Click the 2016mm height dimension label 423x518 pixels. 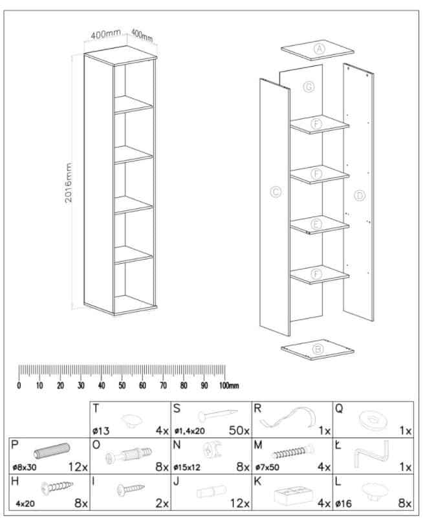[69, 182]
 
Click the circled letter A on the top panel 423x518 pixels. [320, 49]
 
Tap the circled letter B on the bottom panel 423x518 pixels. [318, 349]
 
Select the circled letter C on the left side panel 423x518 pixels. [276, 192]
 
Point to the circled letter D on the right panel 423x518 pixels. [360, 195]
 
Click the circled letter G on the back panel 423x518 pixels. [309, 87]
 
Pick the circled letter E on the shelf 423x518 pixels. [316, 224]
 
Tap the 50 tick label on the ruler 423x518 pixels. [122, 385]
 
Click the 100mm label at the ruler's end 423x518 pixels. [229, 385]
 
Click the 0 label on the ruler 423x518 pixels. [19, 385]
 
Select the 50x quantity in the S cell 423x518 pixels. [239, 430]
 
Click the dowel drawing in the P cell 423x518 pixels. [52, 451]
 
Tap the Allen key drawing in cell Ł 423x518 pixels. [372, 453]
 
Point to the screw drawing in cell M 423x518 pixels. [292, 451]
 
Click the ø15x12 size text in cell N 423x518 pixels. [187, 468]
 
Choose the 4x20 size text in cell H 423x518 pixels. [25, 504]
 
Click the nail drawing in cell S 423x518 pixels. [218, 414]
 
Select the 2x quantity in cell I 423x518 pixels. [162, 503]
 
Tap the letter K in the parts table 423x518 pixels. [258, 482]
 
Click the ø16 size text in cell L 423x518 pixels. [343, 504]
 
